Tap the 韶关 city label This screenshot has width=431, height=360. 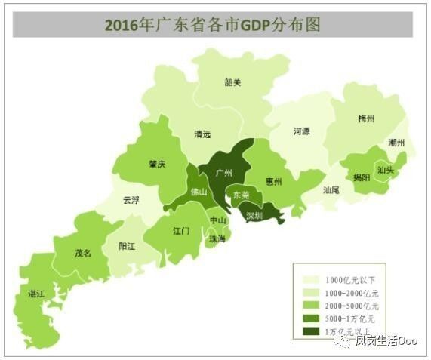232,83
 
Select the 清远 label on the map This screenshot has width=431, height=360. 202,134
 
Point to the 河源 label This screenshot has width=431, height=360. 301,131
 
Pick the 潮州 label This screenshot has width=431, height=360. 397,143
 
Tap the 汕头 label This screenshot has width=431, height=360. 385,170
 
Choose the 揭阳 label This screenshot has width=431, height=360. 361,177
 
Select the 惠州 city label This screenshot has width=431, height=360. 274,182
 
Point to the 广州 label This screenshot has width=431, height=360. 223,173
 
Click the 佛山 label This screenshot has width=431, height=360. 199,192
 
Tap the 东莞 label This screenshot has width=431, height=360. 241,195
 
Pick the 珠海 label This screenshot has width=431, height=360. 217,238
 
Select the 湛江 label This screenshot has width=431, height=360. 35,292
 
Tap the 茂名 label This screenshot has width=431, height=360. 82,254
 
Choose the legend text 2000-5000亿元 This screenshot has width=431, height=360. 352,306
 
